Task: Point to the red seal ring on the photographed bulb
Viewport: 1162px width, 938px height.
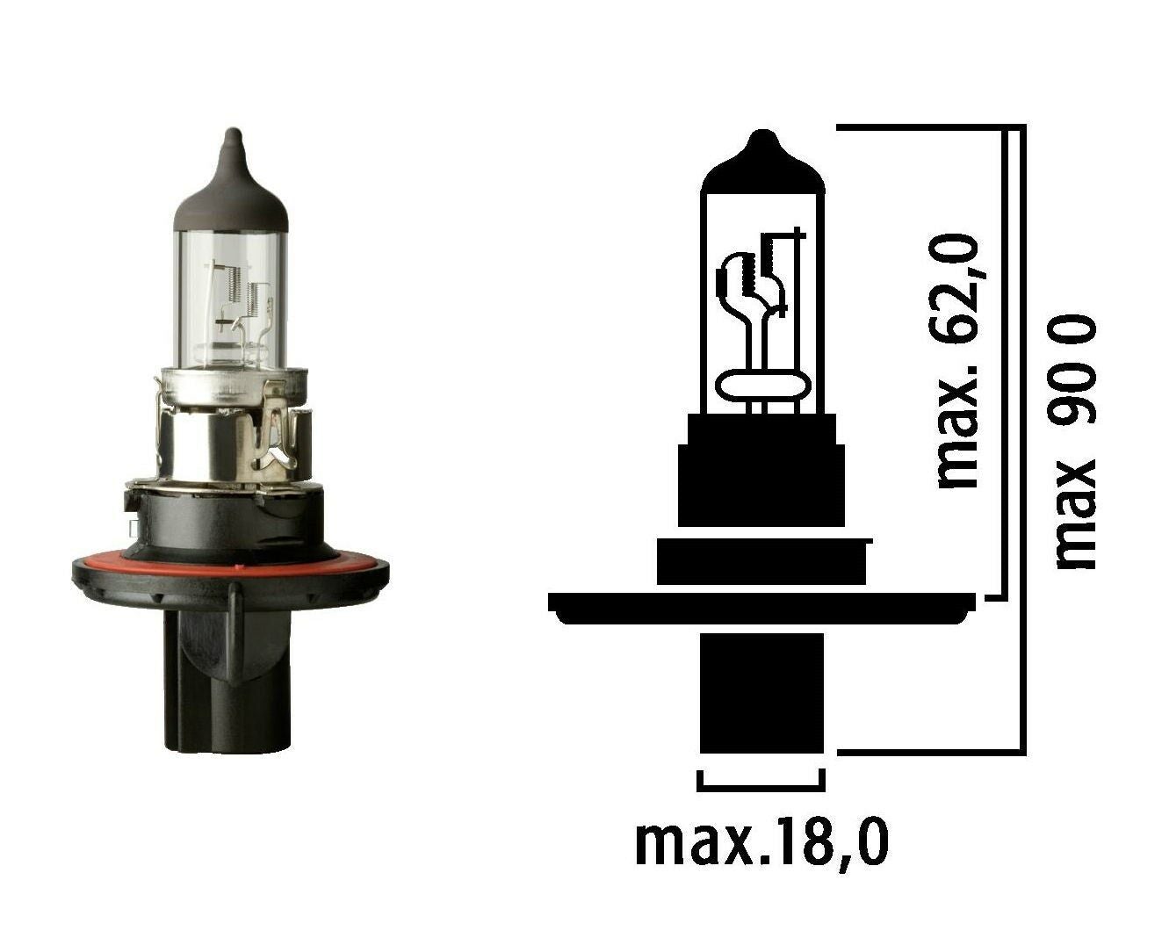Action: pos(230,562)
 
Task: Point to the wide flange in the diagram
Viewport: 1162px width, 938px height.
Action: pos(761,606)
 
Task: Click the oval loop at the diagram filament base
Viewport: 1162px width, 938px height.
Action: pos(761,385)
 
